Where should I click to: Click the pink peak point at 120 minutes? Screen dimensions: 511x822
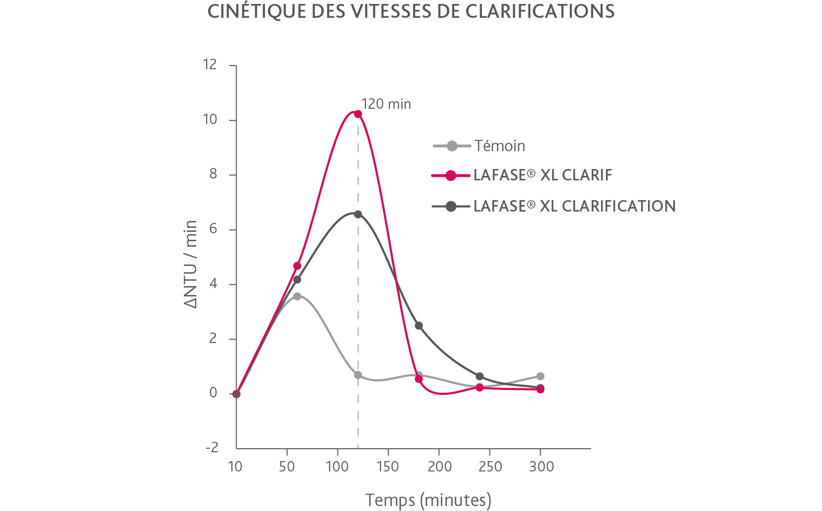pyautogui.click(x=358, y=114)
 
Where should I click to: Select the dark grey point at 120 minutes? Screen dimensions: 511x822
pyautogui.click(x=358, y=214)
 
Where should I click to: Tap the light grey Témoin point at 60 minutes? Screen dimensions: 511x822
pyautogui.click(x=297, y=297)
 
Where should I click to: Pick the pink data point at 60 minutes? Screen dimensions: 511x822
pyautogui.click(x=297, y=266)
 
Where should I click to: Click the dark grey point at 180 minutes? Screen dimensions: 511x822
pyautogui.click(x=419, y=326)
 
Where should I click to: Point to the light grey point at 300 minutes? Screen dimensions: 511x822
pyautogui.click(x=540, y=377)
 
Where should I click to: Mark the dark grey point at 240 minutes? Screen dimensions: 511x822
pyautogui.click(x=479, y=377)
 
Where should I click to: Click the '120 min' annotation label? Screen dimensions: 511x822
pyautogui.click(x=386, y=104)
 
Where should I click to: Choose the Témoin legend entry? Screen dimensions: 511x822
pyautogui.click(x=499, y=146)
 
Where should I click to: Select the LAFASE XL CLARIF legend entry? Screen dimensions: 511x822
pyautogui.click(x=542, y=175)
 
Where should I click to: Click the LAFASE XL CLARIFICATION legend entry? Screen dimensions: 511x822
pyautogui.click(x=574, y=206)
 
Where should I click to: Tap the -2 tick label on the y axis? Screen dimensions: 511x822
pyautogui.click(x=212, y=447)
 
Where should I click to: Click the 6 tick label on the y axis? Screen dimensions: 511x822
pyautogui.click(x=213, y=229)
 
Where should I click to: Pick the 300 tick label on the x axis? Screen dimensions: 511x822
pyautogui.click(x=541, y=467)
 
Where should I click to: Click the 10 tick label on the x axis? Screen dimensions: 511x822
pyautogui.click(x=235, y=467)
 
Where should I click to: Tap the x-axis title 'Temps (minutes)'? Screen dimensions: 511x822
pyautogui.click(x=428, y=500)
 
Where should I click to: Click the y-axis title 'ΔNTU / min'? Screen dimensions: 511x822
pyautogui.click(x=191, y=264)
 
